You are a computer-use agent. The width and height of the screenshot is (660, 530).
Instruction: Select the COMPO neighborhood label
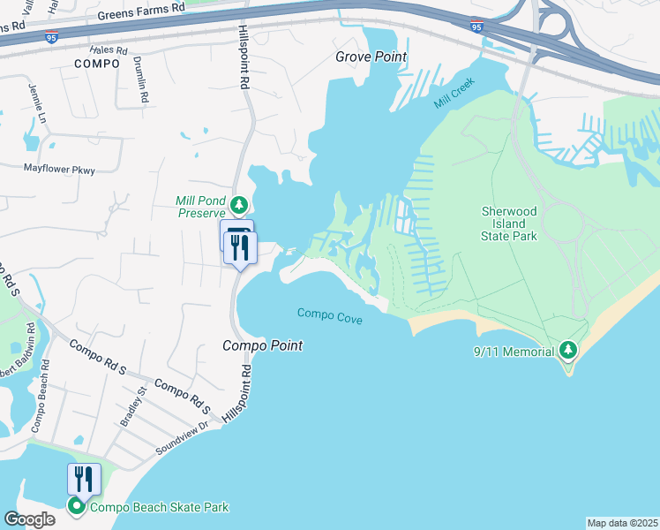[96, 64]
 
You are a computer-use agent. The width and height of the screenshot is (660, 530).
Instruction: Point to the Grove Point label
[371, 57]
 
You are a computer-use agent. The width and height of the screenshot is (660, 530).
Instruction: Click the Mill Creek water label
[454, 94]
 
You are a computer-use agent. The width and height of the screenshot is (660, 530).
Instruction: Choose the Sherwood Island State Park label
[521, 224]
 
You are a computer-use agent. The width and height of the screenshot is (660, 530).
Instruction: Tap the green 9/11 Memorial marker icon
[569, 351]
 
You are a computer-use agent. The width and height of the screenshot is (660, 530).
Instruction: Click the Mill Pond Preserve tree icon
[238, 206]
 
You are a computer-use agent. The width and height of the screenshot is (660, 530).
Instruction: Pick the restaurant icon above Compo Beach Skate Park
[84, 480]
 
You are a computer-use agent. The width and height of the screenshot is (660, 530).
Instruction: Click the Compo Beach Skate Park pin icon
[77, 506]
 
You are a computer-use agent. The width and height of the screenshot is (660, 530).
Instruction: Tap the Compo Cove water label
[329, 314]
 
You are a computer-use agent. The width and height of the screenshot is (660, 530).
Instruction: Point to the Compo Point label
[262, 345]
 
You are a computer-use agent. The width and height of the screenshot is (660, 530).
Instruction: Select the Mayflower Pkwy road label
[58, 168]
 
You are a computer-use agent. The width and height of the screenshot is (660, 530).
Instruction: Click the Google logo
[29, 519]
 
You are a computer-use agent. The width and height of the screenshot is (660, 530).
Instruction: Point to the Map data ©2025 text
[622, 523]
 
